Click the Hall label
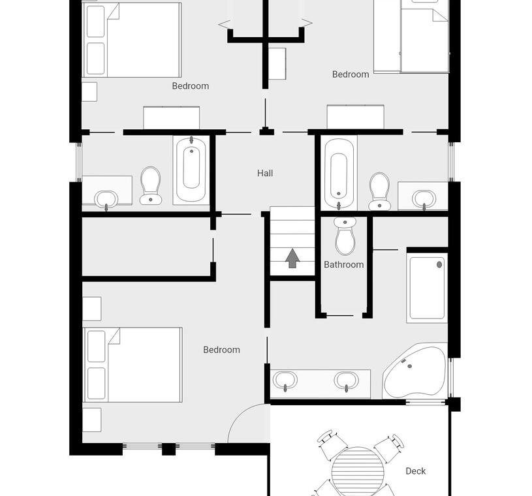pos(265,174)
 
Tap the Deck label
pos(416,471)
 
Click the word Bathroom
pos(344,264)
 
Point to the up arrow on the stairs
pos(292,258)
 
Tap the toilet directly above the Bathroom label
pos(345,236)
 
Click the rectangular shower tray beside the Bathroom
pos(427,288)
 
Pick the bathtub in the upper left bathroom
pos(191,170)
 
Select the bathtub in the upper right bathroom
pos(339,173)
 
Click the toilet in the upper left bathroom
pos(151,185)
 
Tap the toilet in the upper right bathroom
pos(380,192)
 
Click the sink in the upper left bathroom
pos(106,200)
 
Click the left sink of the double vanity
pos(285,380)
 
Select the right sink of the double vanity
pos(347,381)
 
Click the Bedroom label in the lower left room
pos(221,350)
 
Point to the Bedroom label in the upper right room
pos(351,74)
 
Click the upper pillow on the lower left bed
pos(97,347)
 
